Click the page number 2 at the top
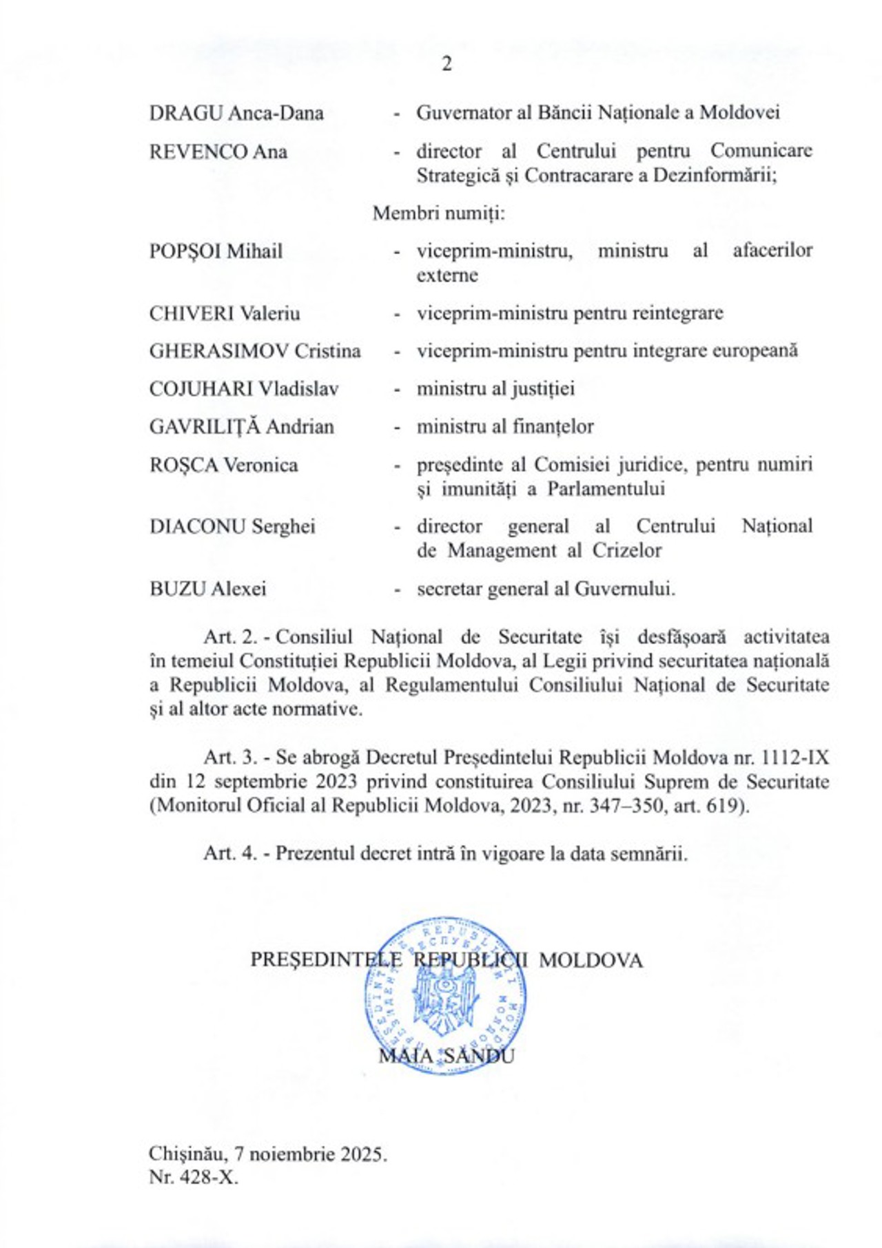tap(447, 64)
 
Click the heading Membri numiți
tap(439, 214)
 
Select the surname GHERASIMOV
tap(219, 351)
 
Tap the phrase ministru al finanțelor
tap(505, 427)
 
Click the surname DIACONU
tap(197, 527)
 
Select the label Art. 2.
tap(230, 636)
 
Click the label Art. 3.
tap(230, 758)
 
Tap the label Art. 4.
tap(230, 853)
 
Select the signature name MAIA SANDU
tap(446, 1056)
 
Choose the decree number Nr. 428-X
tap(193, 1177)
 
